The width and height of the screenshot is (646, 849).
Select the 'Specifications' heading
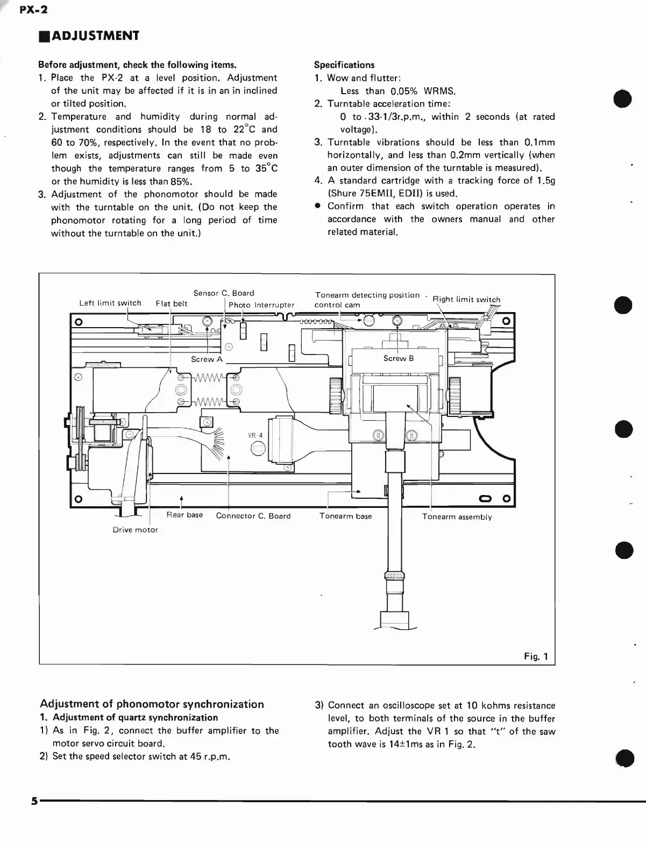click(344, 65)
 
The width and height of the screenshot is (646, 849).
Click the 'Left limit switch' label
click(110, 303)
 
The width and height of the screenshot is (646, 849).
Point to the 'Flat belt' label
click(172, 303)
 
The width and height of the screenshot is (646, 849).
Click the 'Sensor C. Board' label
click(224, 293)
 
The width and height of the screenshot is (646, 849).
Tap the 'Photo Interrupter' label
click(261, 305)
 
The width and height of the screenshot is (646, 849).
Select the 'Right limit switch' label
click(466, 300)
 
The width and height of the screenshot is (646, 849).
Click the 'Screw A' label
click(207, 359)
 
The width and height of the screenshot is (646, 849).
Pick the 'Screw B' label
click(399, 358)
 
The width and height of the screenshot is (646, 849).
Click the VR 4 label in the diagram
click(255, 435)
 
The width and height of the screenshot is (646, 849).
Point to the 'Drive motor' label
click(135, 530)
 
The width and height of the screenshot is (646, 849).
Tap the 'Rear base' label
click(184, 515)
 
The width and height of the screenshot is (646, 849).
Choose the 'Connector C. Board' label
click(253, 516)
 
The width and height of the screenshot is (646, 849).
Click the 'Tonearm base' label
click(345, 516)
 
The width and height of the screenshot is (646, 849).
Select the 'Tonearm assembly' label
click(457, 517)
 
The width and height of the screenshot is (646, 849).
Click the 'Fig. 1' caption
click(536, 656)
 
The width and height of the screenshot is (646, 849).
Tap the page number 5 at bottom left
click(34, 801)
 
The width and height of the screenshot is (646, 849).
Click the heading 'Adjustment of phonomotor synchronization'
click(152, 704)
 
